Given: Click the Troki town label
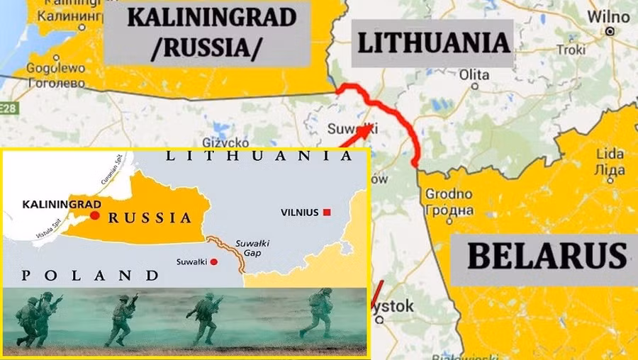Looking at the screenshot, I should pyautogui.click(x=571, y=50).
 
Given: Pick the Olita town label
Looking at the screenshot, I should pyautogui.click(x=474, y=74).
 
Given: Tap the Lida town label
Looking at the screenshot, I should pyautogui.click(x=610, y=154).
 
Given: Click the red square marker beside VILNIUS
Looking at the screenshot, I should pyautogui.click(x=327, y=213).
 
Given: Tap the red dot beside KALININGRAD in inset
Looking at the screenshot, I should pyautogui.click(x=94, y=214).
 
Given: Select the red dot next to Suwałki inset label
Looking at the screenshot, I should pyautogui.click(x=213, y=261).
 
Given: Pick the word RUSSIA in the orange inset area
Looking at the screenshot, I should pyautogui.click(x=150, y=218).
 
